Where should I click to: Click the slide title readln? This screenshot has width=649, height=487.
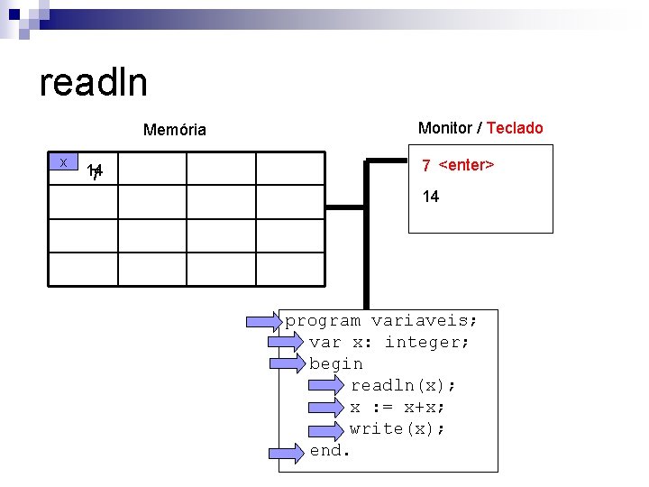(94, 83)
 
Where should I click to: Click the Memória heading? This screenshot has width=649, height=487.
(175, 130)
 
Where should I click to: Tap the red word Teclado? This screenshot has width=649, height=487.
(515, 128)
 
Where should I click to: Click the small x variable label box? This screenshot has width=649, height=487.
(63, 162)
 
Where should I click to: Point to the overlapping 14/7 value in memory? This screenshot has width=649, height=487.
(95, 170)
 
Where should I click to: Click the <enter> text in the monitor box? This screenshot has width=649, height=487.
(465, 165)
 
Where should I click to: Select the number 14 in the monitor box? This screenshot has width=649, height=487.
(431, 197)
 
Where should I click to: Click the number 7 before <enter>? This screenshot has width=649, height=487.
(426, 166)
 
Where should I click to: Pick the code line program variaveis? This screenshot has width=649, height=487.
(380, 320)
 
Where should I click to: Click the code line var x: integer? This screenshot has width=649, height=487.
(389, 342)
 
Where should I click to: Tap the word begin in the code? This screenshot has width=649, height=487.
(336, 363)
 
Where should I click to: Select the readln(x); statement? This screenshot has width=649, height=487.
(403, 385)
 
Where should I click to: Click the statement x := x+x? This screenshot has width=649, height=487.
(398, 407)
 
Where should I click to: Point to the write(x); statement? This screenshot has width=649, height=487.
(398, 428)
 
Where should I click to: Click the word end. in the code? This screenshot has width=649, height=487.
(329, 450)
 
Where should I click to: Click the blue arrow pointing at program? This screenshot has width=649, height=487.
(266, 320)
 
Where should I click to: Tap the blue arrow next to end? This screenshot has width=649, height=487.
(288, 450)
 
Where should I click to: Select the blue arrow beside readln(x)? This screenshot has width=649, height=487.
(324, 385)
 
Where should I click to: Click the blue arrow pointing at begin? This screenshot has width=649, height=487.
(288, 363)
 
